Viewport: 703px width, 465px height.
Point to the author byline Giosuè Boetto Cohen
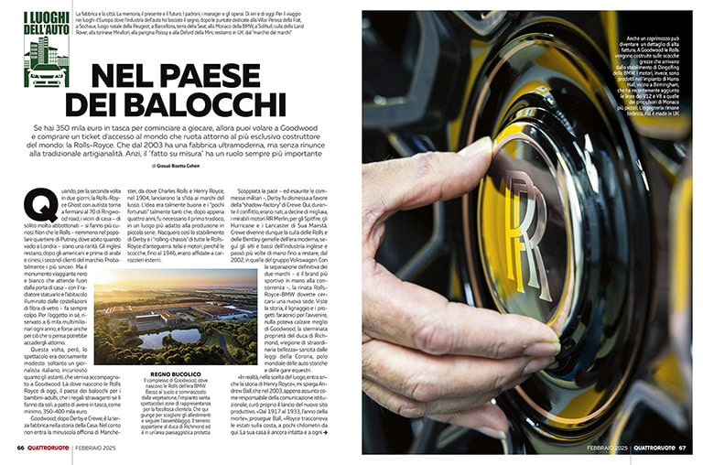pyautogui.click(x=189, y=168)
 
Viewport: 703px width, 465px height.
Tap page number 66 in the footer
pyautogui.click(x=21, y=448)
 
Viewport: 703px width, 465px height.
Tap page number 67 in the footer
pyautogui.click(x=682, y=448)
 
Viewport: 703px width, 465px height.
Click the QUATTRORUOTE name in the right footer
pyautogui.click(x=654, y=448)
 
